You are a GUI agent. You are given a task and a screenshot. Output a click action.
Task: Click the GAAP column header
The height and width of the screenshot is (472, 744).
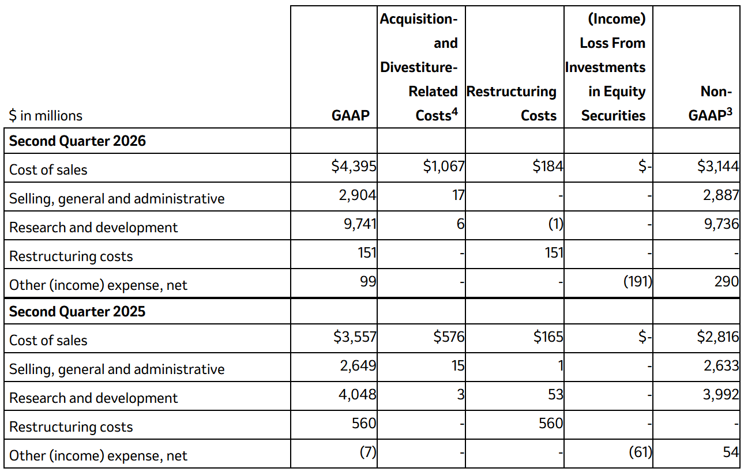point(351,115)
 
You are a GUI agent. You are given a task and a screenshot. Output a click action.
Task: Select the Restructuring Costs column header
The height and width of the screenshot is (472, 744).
point(512,103)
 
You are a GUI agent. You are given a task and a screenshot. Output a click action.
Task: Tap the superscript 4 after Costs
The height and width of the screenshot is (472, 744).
point(454,112)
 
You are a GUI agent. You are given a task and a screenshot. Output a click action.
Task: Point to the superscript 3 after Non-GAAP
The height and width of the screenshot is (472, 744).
point(729,112)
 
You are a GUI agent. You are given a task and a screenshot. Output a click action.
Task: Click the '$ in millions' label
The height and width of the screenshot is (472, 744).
point(46,115)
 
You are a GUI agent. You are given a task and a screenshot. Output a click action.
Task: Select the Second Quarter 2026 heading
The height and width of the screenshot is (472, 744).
point(77,141)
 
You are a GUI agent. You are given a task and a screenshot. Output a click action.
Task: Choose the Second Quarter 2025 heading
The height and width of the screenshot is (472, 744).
point(77,311)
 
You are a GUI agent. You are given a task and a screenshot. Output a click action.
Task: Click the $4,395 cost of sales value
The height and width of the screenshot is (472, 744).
point(354,166)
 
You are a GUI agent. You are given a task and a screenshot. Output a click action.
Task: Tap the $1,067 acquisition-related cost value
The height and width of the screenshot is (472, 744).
point(444,166)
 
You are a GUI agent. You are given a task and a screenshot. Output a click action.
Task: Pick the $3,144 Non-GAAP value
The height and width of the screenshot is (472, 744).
point(718,166)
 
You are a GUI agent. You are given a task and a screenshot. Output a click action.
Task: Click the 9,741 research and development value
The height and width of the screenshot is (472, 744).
point(360,224)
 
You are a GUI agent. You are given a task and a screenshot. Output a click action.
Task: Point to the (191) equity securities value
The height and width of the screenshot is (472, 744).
point(638,281)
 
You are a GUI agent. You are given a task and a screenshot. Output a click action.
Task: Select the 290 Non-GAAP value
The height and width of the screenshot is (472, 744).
point(727,281)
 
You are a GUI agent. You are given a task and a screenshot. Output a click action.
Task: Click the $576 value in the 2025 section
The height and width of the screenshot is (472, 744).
point(449,337)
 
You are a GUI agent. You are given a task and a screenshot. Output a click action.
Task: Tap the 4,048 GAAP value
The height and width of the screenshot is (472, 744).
point(358,394)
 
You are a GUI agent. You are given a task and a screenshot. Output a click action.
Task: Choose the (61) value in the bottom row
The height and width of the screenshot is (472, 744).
point(640,452)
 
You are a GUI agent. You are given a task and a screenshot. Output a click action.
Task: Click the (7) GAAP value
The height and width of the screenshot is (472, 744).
point(368,452)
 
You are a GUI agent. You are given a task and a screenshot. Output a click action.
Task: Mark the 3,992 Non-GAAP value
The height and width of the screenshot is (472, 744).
point(721,394)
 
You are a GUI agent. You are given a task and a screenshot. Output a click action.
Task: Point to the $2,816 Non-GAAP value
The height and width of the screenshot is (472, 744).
point(718,337)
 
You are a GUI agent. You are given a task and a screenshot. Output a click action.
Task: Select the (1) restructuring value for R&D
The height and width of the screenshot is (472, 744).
point(555,224)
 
